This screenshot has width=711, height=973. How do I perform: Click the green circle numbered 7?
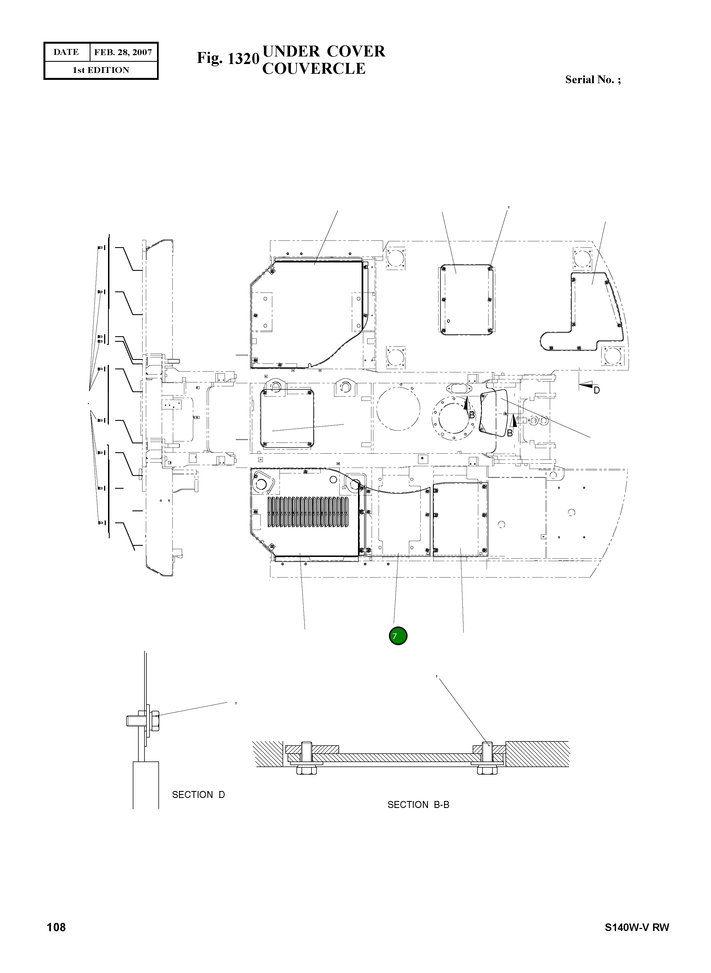398,636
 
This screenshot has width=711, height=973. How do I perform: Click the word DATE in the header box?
66,52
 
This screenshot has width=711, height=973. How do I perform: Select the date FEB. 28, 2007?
123,52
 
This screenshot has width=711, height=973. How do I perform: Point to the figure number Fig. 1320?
228,58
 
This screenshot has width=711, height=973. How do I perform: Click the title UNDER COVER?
324,51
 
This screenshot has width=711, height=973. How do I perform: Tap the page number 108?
57,927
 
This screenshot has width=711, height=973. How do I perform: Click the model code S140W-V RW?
637,927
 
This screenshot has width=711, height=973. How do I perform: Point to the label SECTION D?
198,795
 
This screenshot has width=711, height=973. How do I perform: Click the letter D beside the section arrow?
597,390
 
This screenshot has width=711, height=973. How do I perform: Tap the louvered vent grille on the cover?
308,512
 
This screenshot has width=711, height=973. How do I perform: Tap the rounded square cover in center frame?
287,418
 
